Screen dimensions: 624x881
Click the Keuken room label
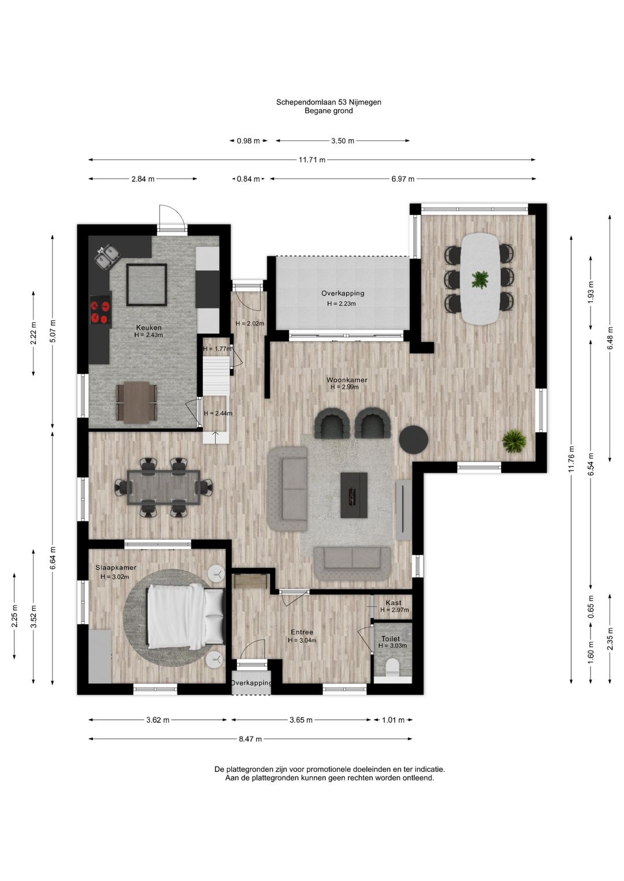click(149, 327)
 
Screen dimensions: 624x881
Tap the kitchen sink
click(107, 256)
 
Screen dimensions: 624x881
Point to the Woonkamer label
click(347, 380)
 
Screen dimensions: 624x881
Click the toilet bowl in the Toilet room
click(392, 666)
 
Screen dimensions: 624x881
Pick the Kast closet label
click(393, 603)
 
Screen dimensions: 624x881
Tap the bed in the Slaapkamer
click(185, 617)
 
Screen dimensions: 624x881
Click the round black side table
click(413, 439)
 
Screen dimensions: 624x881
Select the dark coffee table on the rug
click(354, 495)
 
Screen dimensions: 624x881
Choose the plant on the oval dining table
click(480, 280)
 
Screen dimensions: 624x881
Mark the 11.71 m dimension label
click(312, 160)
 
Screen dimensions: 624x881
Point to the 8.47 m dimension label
click(250, 739)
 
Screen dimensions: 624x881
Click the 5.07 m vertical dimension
click(53, 331)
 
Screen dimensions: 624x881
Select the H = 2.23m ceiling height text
click(341, 304)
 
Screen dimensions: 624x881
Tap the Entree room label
click(302, 632)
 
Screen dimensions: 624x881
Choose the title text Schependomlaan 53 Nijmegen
click(328, 102)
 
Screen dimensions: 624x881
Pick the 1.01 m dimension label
click(393, 720)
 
